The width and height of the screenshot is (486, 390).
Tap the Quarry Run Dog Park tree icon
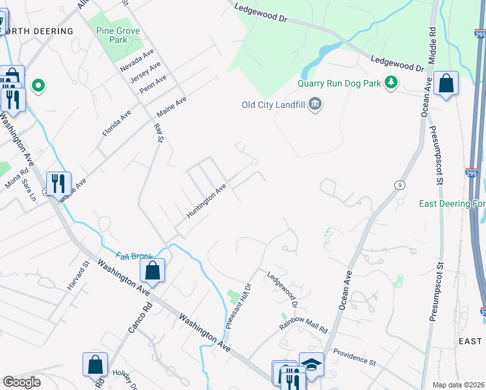point(391,82)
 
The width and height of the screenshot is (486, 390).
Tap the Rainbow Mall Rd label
point(303,324)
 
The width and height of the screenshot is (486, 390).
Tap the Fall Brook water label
point(134,256)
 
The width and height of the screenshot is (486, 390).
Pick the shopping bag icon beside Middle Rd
point(446,83)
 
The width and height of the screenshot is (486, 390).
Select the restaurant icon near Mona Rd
point(58,184)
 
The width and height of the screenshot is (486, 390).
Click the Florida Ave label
point(116,123)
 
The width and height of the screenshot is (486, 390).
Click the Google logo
point(21,382)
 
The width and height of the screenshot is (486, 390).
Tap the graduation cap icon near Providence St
point(311,364)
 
